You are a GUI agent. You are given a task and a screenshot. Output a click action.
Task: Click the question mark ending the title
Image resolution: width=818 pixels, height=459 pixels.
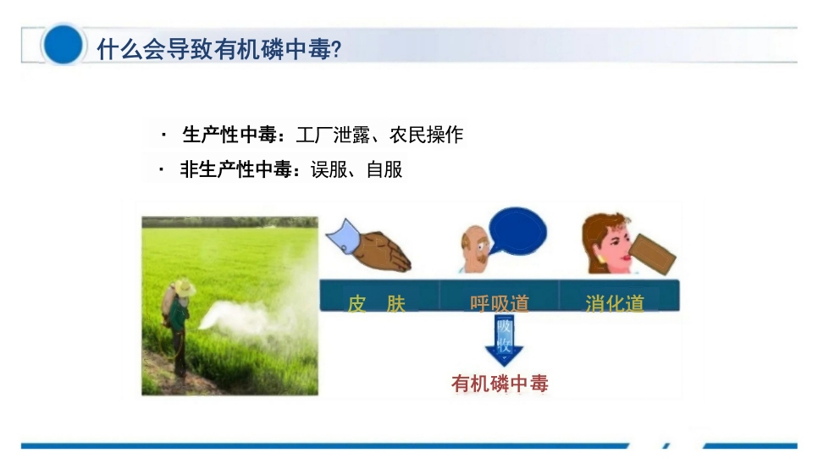336,49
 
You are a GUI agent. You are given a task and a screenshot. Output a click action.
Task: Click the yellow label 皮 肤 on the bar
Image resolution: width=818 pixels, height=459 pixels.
377,303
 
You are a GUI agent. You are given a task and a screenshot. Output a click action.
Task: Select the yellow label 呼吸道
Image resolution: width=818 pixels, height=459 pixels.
499,303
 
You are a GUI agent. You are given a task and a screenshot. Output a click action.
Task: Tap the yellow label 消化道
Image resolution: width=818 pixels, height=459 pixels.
615,303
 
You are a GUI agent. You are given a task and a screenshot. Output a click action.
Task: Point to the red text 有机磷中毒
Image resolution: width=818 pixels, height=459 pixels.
500,384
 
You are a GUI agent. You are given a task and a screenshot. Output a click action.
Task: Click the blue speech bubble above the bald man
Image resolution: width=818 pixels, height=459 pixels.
518,231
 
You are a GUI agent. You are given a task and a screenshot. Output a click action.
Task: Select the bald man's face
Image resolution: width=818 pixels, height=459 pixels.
473,246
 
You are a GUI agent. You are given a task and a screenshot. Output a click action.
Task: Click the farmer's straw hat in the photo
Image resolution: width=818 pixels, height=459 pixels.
184,288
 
